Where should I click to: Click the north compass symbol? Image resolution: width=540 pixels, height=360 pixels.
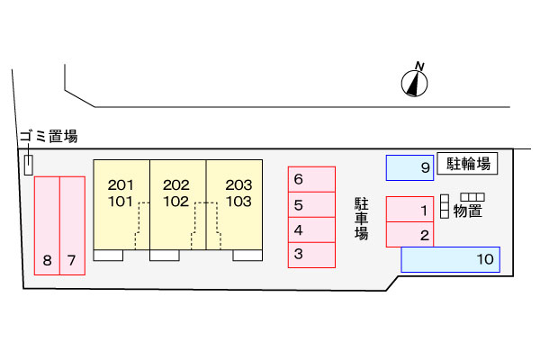[414, 82]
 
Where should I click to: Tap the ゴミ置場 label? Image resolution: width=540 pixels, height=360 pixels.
[48, 137]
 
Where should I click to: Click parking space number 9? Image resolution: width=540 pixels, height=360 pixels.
[409, 167]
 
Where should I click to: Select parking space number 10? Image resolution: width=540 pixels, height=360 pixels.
[450, 260]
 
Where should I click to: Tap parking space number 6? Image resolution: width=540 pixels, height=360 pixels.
[310, 179]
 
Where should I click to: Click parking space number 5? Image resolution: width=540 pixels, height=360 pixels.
[310, 205]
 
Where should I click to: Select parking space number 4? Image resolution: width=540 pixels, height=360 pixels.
[310, 229]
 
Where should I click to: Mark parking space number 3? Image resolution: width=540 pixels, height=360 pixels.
[310, 255]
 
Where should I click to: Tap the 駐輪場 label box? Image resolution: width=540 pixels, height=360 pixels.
[468, 163]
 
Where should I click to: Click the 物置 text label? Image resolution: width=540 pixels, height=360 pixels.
[468, 211]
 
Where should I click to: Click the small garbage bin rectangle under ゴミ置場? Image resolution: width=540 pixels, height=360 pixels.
[29, 165]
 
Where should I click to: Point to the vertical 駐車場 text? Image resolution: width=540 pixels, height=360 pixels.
[361, 219]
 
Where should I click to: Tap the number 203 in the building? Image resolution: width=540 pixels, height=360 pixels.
[238, 185]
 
